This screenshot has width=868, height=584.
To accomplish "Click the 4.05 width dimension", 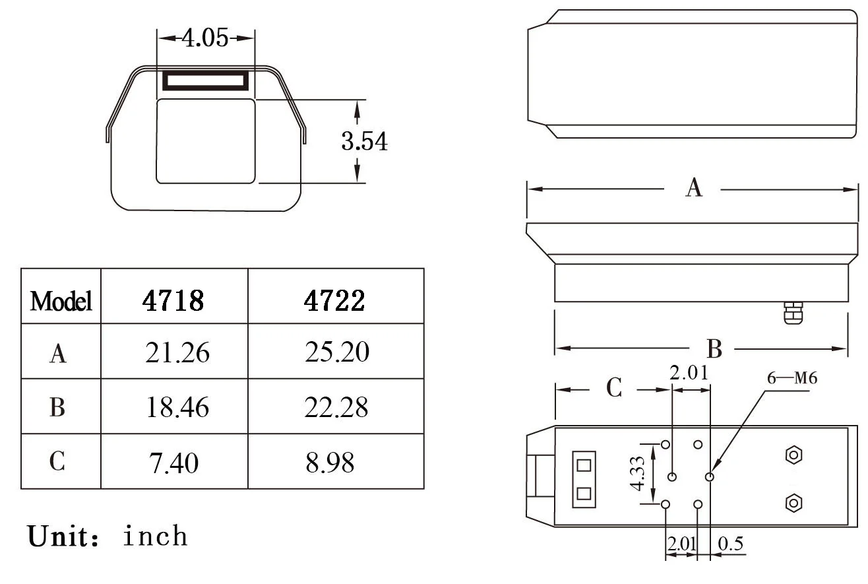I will coord(204,38).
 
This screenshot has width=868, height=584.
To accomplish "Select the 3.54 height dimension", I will coord(364,142).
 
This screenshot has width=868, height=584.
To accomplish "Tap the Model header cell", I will coord(61,302).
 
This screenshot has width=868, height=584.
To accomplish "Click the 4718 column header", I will coord(173,301).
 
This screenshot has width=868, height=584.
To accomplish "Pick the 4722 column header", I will coord(334,301).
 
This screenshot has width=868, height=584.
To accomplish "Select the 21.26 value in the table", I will coord(177,353).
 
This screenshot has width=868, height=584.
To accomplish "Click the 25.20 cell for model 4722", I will coord(336,352).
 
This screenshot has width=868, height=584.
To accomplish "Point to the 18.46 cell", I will coord(177,408).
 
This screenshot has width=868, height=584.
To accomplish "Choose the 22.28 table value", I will coord(336,408).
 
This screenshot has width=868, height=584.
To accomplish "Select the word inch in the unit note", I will coord(155,536).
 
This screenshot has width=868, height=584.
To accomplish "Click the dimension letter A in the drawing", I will coord(693,189).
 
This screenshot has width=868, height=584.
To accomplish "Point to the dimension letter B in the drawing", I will coord(714,349).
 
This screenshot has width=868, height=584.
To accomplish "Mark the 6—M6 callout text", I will coord(791,379).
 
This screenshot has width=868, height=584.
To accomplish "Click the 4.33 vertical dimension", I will coord(637,474).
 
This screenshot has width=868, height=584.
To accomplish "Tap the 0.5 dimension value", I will coord(730,544).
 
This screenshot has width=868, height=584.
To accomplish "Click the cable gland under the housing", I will coord(791,313).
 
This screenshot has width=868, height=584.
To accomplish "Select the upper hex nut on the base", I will coord(793,455).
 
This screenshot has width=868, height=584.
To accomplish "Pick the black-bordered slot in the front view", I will coord(206,81).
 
